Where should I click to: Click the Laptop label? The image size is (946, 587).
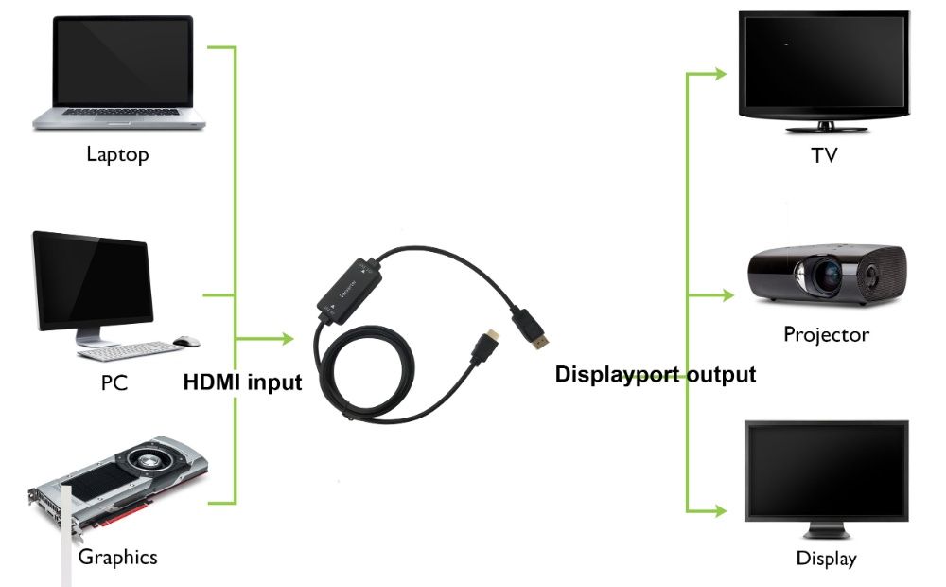(117, 154)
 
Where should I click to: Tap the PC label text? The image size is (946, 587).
(114, 382)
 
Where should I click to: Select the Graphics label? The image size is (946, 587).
(117, 557)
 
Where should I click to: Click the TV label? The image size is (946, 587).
(824, 155)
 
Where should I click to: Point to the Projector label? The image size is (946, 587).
(826, 334)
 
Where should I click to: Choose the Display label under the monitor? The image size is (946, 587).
(826, 558)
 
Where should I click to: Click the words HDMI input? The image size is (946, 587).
(242, 382)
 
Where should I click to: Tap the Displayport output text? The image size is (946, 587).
(656, 374)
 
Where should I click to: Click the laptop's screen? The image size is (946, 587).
(123, 61)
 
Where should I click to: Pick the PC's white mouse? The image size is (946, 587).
(186, 342)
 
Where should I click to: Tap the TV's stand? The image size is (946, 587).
(826, 128)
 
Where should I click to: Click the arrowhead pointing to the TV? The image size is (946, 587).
(720, 74)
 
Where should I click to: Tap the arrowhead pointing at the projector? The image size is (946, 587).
(727, 294)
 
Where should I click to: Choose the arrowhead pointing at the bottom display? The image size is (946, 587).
(720, 511)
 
